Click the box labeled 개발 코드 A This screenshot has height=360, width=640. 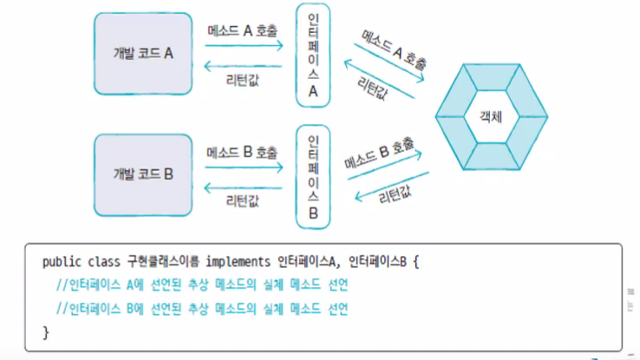(x=144, y=53)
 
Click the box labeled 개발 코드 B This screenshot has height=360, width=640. (x=144, y=173)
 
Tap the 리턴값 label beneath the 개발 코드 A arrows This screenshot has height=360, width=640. (x=243, y=81)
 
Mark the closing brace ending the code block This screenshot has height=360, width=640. (x=46, y=331)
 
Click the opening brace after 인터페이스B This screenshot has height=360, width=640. (x=416, y=261)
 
